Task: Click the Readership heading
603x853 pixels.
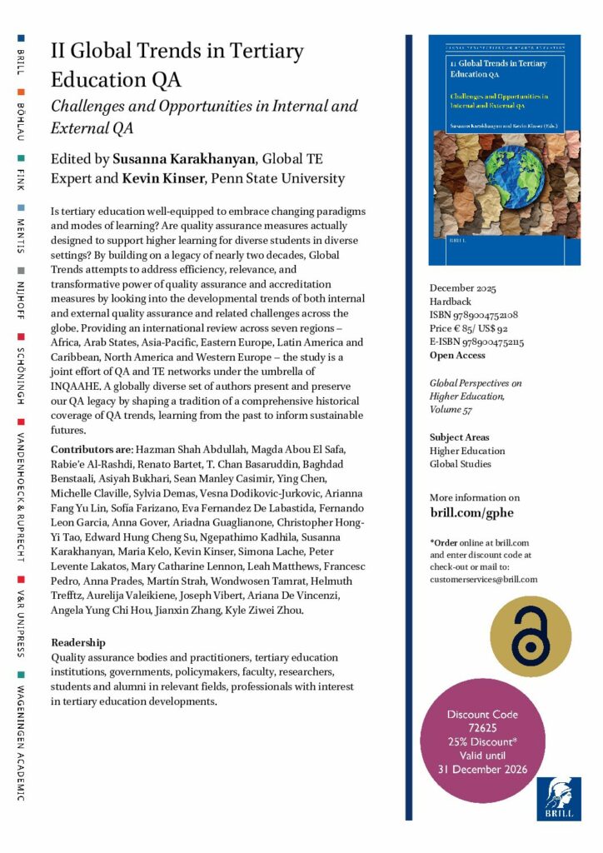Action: pyautogui.click(x=78, y=642)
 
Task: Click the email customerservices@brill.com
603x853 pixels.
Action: pyautogui.click(x=484, y=579)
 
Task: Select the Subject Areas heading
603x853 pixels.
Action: pyautogui.click(x=459, y=436)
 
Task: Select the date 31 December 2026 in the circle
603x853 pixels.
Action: pyautogui.click(x=482, y=768)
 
